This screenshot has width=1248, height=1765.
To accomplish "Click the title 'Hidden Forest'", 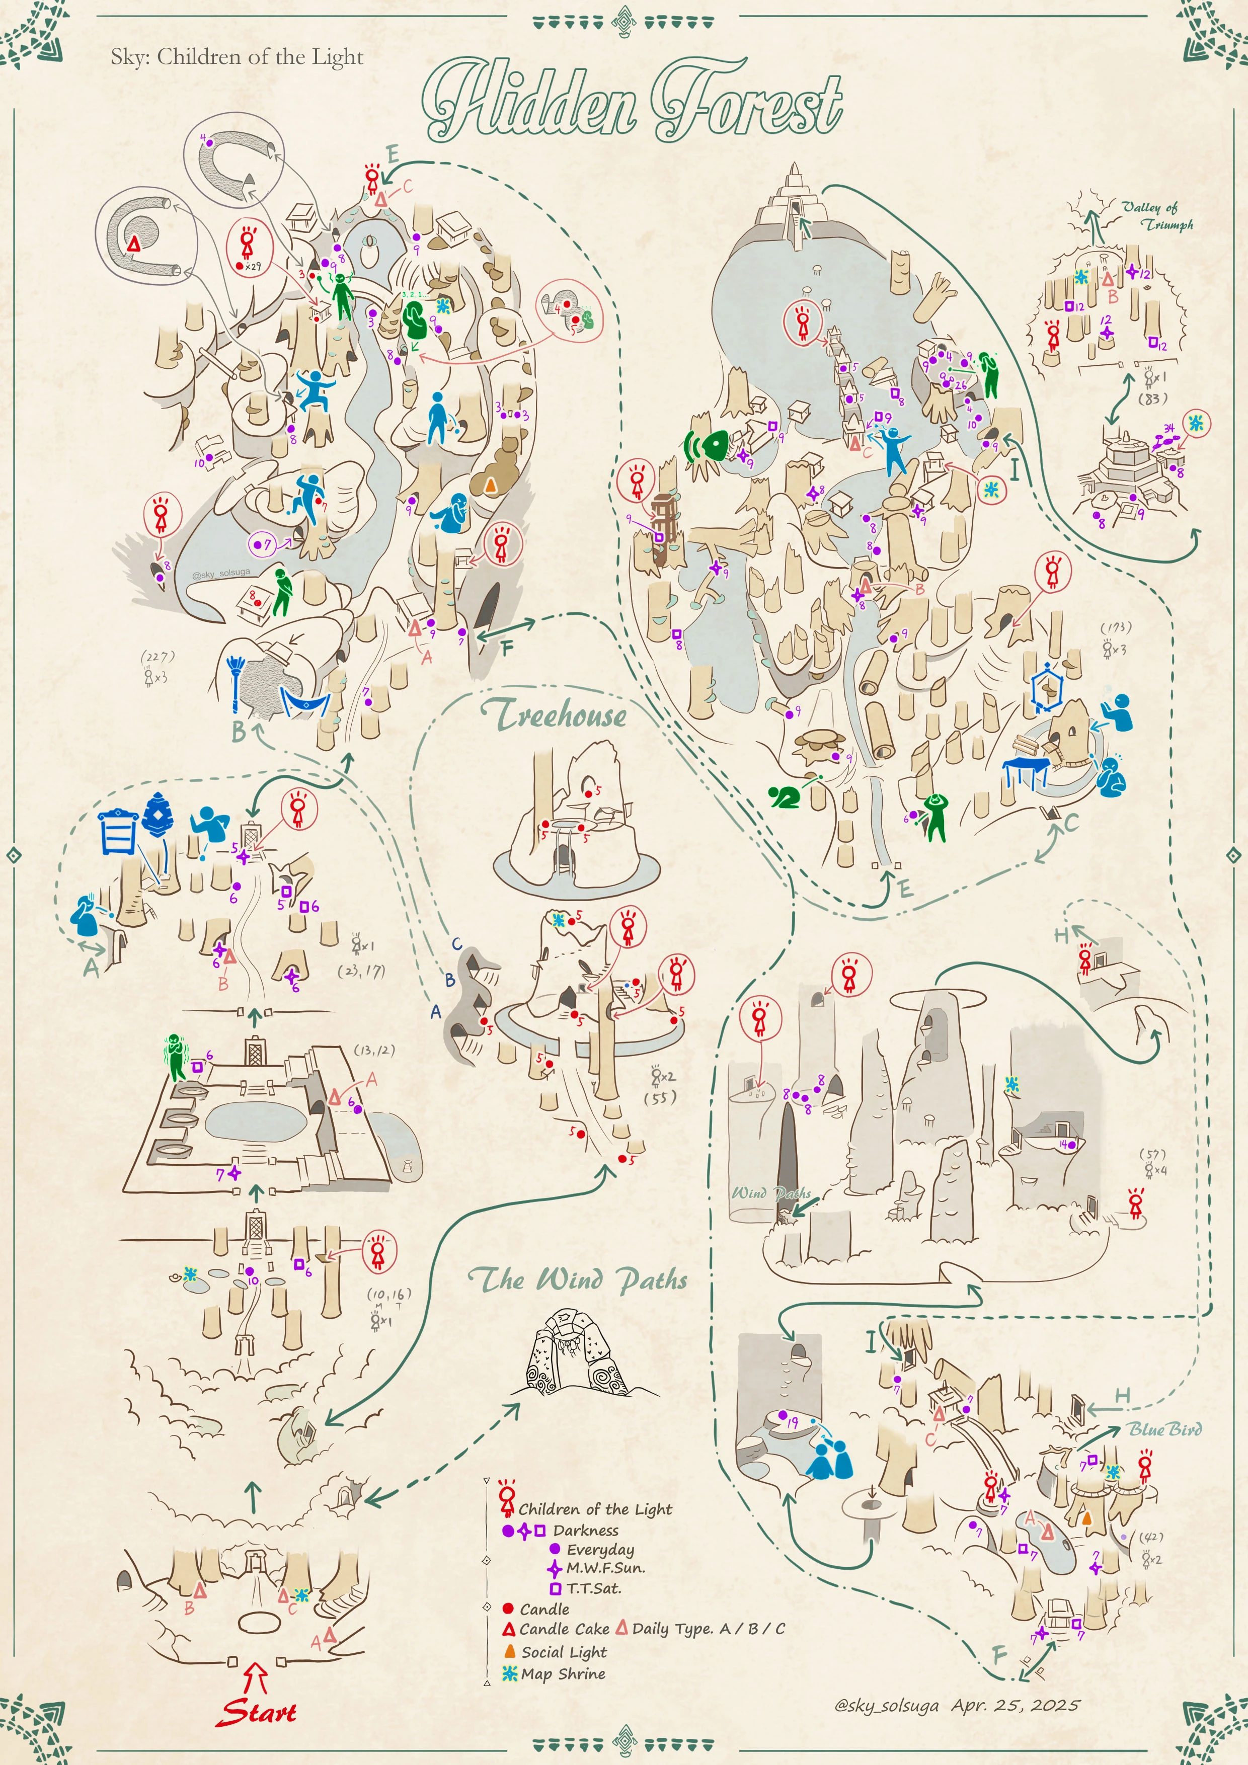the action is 632,100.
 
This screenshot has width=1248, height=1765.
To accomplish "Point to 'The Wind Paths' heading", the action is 578,1279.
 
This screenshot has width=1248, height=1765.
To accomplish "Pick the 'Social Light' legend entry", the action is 564,1652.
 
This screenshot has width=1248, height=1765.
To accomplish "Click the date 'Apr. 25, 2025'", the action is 1015,1705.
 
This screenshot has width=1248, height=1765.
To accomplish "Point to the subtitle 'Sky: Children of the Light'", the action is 237,57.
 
